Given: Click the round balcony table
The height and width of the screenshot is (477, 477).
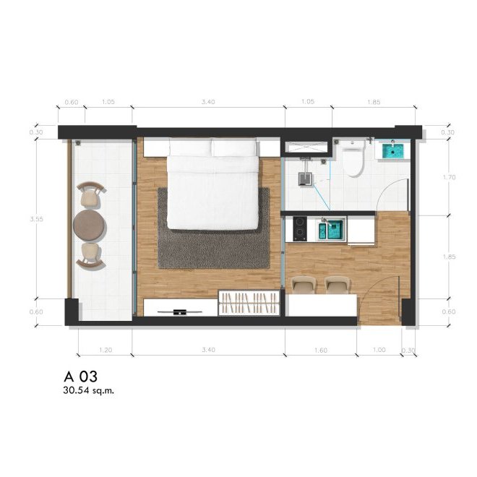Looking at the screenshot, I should (x=91, y=225).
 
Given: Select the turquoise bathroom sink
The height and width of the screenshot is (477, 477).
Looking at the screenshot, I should (x=394, y=150).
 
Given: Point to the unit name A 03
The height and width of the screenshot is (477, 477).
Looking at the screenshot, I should (x=80, y=377).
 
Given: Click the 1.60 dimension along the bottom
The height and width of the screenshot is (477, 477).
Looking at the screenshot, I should (x=320, y=350).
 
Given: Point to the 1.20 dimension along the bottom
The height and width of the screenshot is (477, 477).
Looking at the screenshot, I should (x=105, y=350).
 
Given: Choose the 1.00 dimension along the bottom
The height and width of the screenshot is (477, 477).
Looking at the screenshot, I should (x=379, y=350).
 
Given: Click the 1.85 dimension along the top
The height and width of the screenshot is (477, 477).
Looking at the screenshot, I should (x=374, y=102).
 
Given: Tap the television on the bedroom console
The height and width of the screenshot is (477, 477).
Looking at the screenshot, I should (x=181, y=312).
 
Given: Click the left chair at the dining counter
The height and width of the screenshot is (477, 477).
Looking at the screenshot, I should (x=304, y=285).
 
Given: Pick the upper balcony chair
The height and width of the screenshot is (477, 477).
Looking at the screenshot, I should (x=90, y=195).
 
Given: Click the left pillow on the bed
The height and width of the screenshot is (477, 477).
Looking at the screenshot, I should (x=190, y=148).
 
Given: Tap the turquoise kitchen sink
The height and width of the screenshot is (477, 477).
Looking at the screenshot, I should (x=333, y=230).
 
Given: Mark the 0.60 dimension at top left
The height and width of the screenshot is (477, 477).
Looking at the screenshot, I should (x=72, y=102).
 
